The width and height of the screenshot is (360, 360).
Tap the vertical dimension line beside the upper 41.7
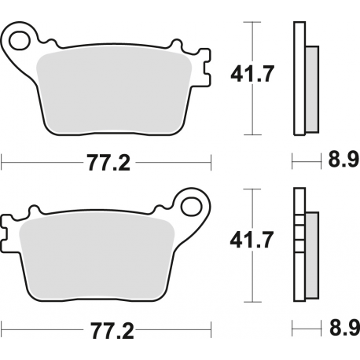(x=252, y=79)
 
